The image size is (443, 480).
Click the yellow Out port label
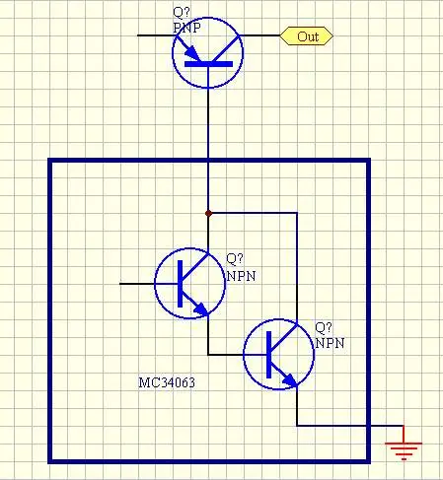306,35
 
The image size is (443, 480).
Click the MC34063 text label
167,382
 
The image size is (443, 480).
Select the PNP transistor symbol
207,53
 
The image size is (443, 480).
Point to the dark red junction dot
208,214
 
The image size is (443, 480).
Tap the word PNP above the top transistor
186,28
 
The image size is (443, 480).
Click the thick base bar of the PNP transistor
208,64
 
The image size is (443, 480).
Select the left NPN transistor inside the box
190,283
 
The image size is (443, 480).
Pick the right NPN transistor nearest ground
279,354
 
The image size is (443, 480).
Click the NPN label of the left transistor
241,276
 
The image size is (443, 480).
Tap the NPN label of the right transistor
330,343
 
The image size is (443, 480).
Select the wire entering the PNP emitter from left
157,35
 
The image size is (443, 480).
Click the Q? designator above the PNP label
182,13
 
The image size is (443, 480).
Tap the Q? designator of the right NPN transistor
324,327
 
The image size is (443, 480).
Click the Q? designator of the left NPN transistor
235,259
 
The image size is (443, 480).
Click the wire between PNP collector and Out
259,35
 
